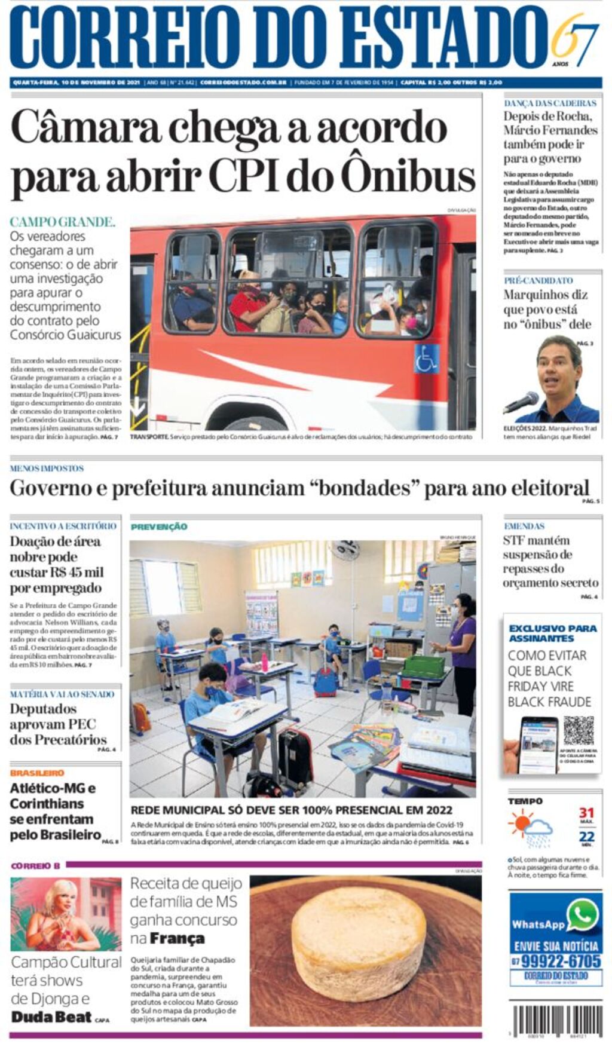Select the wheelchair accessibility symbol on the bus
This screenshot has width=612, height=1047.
(426, 359)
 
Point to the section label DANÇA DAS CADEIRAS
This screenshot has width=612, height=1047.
(550, 103)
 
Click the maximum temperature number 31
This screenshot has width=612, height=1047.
(586, 813)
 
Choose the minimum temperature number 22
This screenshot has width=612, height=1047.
(586, 837)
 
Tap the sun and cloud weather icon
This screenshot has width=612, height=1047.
(530, 828)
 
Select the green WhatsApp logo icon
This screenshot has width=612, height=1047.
(582, 914)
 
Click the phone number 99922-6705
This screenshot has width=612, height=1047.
(560, 961)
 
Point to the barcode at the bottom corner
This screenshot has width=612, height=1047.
(557, 1020)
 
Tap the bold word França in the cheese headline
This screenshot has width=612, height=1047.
(177, 939)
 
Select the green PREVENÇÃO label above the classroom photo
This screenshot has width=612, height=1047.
(159, 527)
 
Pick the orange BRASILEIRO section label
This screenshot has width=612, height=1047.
(37, 773)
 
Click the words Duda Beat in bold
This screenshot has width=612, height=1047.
(51, 1017)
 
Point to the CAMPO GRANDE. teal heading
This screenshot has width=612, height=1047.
(62, 222)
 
